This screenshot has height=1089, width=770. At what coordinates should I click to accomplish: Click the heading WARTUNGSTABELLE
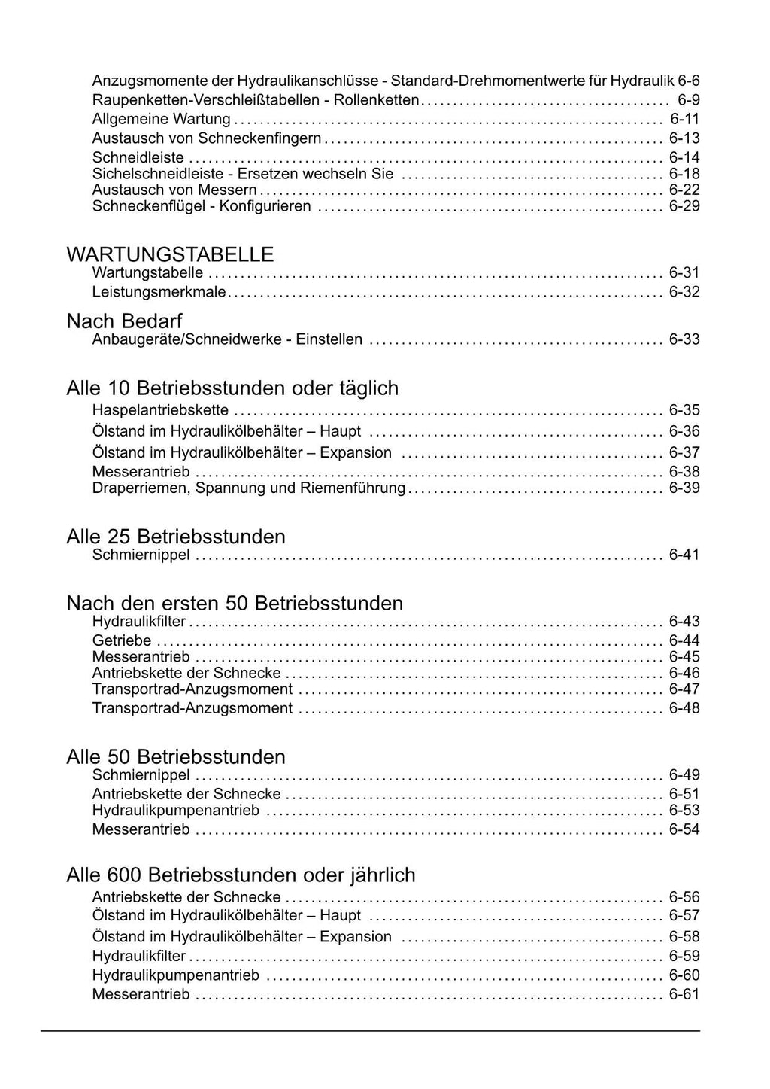tap(170, 254)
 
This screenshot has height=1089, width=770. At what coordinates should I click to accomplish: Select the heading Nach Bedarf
tap(124, 321)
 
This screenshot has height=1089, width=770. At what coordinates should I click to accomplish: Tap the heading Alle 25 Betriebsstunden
tap(176, 537)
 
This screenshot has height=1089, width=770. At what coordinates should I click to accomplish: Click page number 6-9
tap(688, 100)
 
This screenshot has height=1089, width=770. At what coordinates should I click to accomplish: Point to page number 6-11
tap(684, 119)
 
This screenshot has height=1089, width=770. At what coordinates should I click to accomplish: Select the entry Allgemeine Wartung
tap(161, 119)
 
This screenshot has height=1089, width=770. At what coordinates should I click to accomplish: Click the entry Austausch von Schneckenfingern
tap(206, 138)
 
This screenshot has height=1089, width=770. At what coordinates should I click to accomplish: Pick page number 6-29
tap(684, 206)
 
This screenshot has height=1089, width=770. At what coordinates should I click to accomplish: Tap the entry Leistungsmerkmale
tap(159, 292)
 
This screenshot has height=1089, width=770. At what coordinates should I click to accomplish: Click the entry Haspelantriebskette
tap(160, 410)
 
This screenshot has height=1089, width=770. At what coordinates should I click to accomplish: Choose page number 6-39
tap(684, 488)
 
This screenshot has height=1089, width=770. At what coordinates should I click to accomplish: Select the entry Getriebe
tap(122, 641)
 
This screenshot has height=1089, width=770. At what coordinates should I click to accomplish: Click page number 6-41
tap(684, 555)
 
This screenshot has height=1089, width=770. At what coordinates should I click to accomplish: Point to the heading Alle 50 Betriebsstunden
tap(176, 756)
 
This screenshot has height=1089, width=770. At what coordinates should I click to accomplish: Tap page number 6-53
tap(684, 811)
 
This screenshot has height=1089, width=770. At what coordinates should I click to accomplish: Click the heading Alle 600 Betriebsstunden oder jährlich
tap(241, 875)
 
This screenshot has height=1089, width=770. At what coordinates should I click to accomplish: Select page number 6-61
tap(684, 995)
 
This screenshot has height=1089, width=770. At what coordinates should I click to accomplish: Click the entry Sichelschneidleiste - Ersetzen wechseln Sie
tap(243, 174)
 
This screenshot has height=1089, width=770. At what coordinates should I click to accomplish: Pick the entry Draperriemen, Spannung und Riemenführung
tap(248, 488)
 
